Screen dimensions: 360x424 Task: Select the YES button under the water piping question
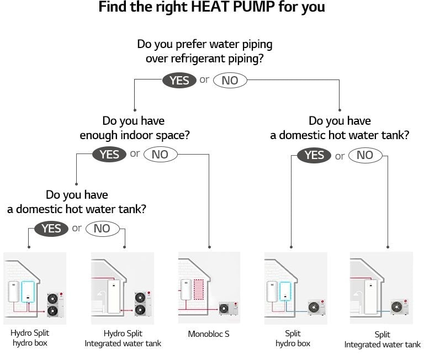tap(179, 81)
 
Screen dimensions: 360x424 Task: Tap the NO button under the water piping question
tap(230, 81)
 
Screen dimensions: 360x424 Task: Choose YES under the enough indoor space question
tap(109, 155)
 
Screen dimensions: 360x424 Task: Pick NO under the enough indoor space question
tap(160, 155)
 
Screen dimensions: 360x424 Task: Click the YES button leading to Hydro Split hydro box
tap(51, 229)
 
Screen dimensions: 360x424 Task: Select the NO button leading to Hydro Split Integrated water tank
tap(102, 229)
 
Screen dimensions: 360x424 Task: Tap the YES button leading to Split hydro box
tap(314, 155)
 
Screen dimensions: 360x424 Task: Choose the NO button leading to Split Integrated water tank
tap(365, 155)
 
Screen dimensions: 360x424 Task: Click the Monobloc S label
tap(209, 334)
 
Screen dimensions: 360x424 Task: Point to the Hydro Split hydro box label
tap(29, 338)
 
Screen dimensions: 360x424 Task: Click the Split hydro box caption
tap(293, 338)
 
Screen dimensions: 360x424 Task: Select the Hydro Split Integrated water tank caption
tap(123, 338)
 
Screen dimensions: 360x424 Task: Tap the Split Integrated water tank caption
tap(382, 340)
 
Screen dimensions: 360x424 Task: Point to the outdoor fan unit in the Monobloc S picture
tap(227, 308)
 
